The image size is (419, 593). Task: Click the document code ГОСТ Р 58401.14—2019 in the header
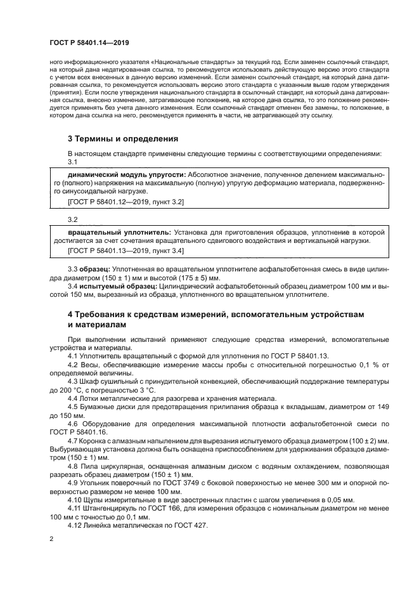tap(89, 42)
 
